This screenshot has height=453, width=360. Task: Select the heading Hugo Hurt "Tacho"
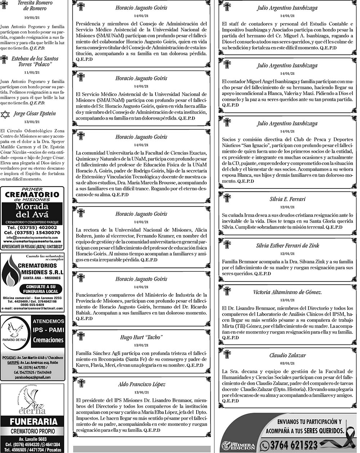(141, 337)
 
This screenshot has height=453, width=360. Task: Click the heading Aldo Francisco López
(141, 385)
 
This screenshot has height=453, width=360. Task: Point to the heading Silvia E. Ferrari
(287, 199)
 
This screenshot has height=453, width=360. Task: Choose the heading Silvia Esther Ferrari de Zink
(287, 246)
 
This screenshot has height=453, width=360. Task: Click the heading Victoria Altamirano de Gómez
(287, 292)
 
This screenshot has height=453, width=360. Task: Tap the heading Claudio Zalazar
(287, 355)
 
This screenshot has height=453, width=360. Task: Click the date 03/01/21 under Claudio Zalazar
(287, 363)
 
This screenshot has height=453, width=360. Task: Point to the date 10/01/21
(32, 17)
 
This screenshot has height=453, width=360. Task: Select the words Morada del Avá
(32, 211)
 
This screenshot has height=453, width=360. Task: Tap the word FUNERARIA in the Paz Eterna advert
(33, 422)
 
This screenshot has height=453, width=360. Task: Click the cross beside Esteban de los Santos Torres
(4, 59)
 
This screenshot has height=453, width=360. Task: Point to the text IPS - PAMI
(48, 330)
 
